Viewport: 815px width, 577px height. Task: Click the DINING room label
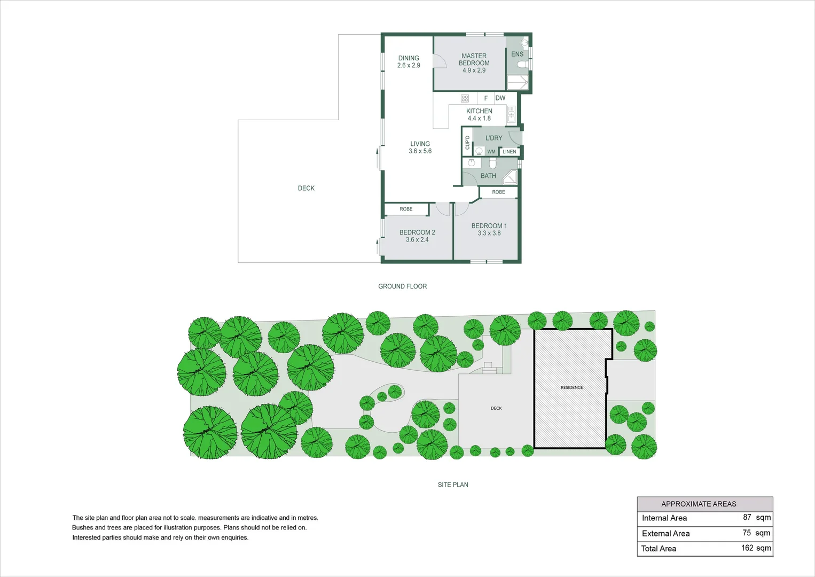(x=409, y=58)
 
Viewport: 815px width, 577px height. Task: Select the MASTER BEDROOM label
(x=474, y=59)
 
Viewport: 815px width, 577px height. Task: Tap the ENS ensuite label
(x=517, y=54)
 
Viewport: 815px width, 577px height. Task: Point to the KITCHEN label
(x=479, y=111)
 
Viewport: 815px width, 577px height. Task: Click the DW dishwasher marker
(x=500, y=98)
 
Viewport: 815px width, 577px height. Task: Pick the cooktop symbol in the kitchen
(x=465, y=98)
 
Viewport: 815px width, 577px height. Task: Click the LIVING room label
(x=420, y=144)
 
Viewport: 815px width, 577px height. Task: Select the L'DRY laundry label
(x=493, y=138)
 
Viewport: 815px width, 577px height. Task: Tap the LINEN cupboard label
(x=510, y=152)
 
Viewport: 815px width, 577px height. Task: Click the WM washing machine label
(x=491, y=152)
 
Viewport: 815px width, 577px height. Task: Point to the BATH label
(x=488, y=176)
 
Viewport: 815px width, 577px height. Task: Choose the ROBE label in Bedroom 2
(x=406, y=209)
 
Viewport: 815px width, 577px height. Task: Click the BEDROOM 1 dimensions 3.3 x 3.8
(x=489, y=233)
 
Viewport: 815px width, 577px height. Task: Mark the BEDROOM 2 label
(x=417, y=232)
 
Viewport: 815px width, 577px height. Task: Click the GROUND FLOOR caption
(x=402, y=286)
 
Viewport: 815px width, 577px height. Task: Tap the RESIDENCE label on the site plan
(x=571, y=387)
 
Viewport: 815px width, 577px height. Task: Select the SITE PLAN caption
(x=453, y=485)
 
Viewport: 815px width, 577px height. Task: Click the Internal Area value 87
(x=747, y=517)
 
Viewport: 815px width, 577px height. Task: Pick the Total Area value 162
(x=747, y=548)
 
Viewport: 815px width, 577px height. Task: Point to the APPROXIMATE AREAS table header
(x=699, y=504)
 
